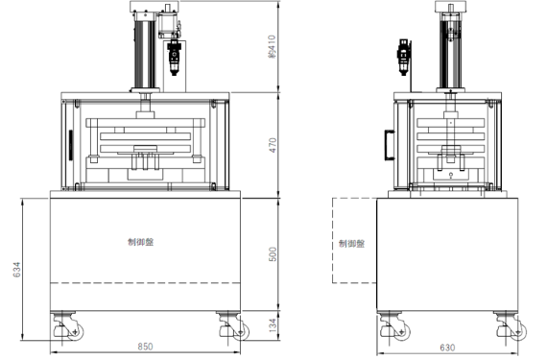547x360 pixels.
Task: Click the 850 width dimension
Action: coord(145,347)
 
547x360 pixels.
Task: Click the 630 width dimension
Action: coord(447,348)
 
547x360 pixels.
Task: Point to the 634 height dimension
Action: coord(16,270)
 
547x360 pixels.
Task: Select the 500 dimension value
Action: coord(273,254)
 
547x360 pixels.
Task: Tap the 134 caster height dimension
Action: coord(273,324)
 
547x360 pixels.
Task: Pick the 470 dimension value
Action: coord(273,145)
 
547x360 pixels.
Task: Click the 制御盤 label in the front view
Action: coord(140,242)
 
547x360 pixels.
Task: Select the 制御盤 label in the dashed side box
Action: coord(351,243)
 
